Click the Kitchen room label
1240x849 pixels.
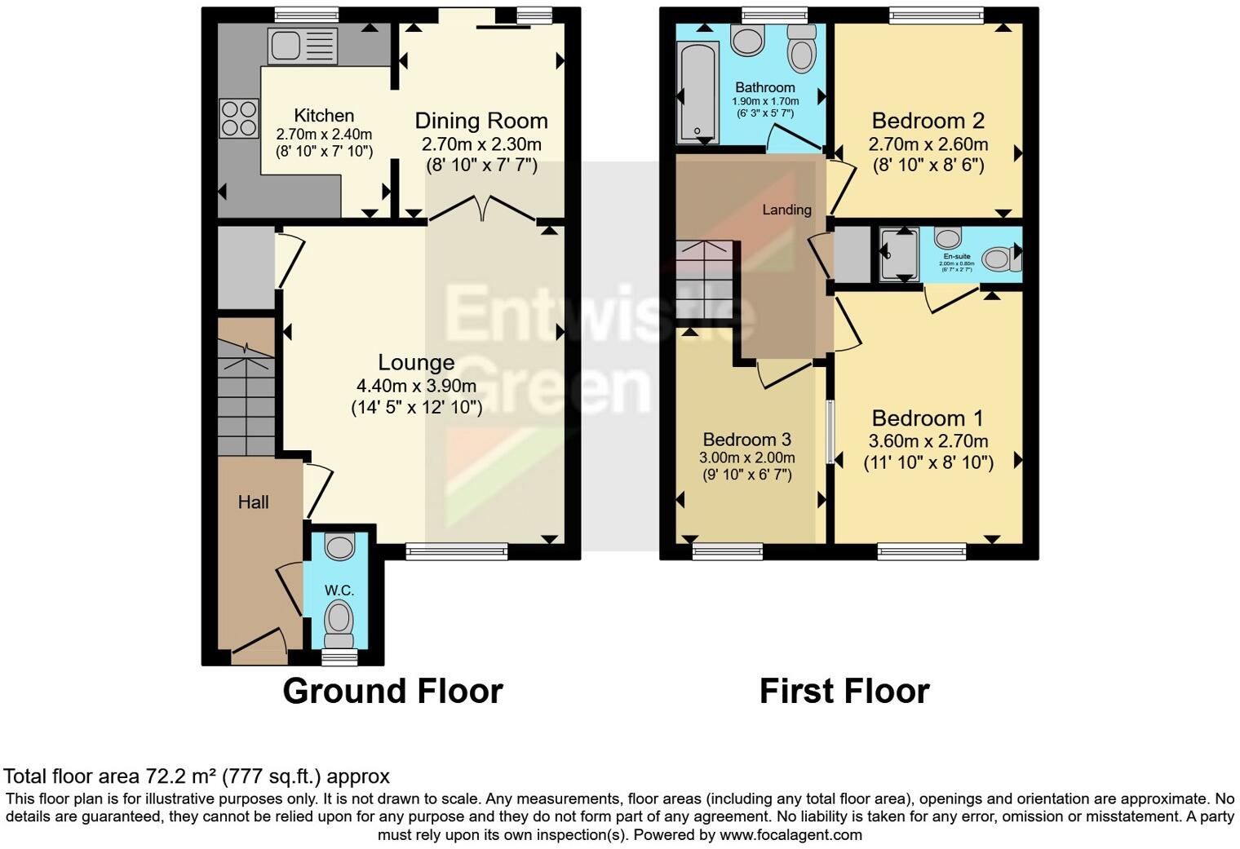coord(324,116)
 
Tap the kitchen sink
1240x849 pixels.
coord(291,46)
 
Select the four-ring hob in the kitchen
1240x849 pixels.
coord(238,117)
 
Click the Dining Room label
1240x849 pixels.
coord(481,121)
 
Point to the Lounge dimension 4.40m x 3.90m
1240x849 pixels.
coord(416,386)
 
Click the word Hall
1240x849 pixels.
coord(253,502)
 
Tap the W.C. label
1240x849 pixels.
coord(339,590)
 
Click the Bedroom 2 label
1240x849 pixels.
coord(928,121)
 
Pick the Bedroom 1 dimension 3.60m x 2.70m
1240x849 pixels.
coord(928,441)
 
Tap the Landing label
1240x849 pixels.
coord(786,210)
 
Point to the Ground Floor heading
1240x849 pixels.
coord(392,691)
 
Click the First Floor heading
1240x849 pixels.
coord(844,691)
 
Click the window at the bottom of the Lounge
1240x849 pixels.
coord(457,551)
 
